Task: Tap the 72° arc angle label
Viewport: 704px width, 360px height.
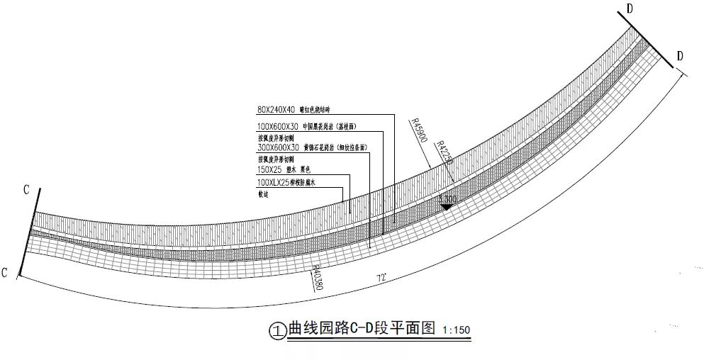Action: point(382,279)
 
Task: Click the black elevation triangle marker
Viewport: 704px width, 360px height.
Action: point(447,206)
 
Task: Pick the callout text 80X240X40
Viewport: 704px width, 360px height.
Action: point(275,110)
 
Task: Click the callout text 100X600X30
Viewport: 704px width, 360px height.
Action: point(277,126)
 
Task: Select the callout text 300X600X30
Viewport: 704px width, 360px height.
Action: point(277,148)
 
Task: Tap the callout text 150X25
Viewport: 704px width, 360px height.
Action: point(268,170)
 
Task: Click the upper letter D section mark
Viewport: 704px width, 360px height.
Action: point(629,9)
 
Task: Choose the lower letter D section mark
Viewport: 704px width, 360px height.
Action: point(680,56)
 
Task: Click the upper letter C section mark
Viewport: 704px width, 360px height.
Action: point(26,190)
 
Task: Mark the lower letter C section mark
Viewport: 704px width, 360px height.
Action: point(6,273)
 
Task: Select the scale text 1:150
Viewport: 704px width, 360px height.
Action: point(456,330)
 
